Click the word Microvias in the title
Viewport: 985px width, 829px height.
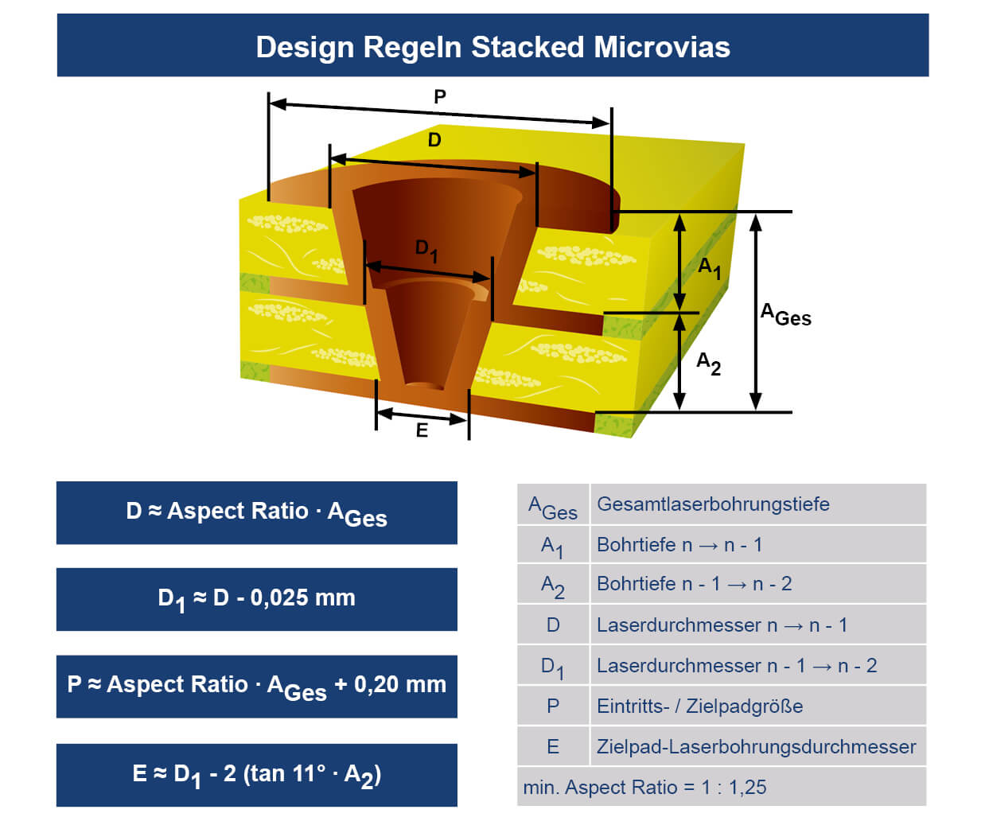pos(662,47)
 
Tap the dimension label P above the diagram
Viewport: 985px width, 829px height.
pos(440,97)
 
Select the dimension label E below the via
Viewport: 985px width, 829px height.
pos(422,430)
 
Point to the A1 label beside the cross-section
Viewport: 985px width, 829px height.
pos(709,267)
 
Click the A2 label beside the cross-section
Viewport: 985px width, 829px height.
pos(708,364)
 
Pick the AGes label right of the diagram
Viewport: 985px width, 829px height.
pos(785,315)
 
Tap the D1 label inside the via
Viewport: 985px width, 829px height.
pos(426,250)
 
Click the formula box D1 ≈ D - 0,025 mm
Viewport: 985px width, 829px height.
pos(256,599)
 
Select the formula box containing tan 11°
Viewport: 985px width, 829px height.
pos(256,775)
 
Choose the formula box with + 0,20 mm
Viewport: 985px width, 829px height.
pos(256,687)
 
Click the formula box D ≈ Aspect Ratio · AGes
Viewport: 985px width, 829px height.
pos(256,513)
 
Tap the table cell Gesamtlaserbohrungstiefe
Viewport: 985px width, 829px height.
pos(713,504)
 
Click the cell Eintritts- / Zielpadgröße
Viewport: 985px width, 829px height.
pos(699,706)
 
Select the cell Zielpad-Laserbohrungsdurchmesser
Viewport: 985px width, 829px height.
pos(756,746)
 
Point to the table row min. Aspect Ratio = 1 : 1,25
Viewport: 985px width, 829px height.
pos(644,787)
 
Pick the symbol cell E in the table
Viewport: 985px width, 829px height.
pos(553,746)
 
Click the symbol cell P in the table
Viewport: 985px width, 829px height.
pos(553,706)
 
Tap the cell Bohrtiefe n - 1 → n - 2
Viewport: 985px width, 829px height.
pos(694,584)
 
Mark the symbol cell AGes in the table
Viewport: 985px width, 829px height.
pos(553,507)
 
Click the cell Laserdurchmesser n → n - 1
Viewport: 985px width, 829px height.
pos(722,625)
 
